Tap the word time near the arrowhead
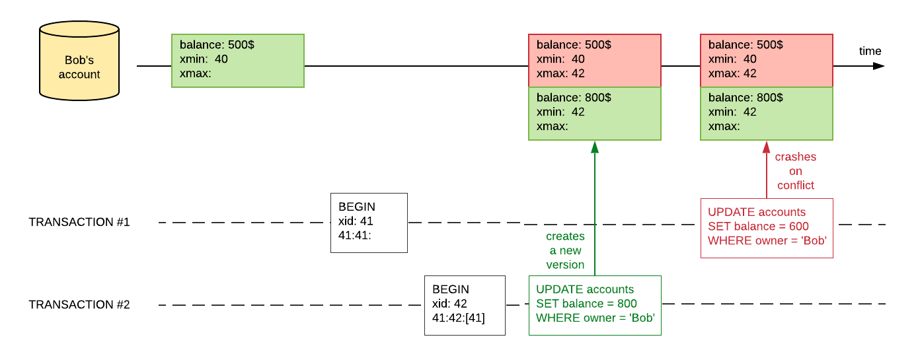click(870, 52)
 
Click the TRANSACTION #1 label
click(79, 223)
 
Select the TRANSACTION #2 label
click(79, 305)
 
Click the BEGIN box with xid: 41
click(369, 223)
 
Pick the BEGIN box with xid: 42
click(465, 305)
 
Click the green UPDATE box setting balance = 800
click(595, 305)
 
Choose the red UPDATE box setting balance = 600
click(767, 228)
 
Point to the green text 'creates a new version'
click(565, 250)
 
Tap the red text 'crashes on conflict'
click(796, 171)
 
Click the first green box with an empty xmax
click(238, 61)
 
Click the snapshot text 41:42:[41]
click(459, 318)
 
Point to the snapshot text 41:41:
click(355, 236)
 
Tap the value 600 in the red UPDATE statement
click(798, 227)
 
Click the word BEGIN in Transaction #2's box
click(451, 289)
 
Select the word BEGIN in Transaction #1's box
click(357, 207)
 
